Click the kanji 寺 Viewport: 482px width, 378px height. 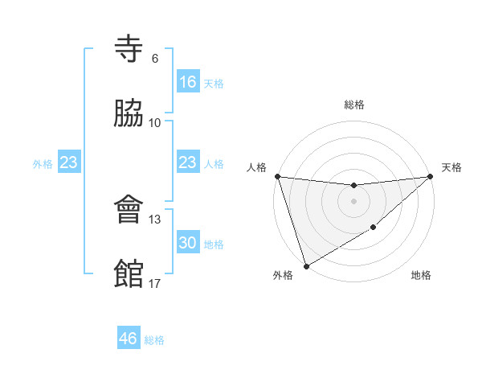129,51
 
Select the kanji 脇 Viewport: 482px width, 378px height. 129,113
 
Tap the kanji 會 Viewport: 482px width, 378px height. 129,211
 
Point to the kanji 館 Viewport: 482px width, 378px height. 129,273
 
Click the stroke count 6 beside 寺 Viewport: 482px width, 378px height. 154,59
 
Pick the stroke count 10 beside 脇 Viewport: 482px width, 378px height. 155,122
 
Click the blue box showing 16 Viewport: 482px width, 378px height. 187,81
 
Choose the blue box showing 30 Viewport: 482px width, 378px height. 187,243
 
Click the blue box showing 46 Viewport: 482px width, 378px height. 129,339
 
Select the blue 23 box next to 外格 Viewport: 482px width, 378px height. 69,162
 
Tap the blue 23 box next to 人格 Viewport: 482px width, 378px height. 187,162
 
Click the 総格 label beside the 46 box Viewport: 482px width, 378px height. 154,340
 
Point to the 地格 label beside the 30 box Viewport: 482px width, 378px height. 214,244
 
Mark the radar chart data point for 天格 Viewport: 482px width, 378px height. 430,176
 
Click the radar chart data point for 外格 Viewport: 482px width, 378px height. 305,266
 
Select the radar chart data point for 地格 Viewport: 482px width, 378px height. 374,228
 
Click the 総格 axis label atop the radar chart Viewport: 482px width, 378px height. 353,105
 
